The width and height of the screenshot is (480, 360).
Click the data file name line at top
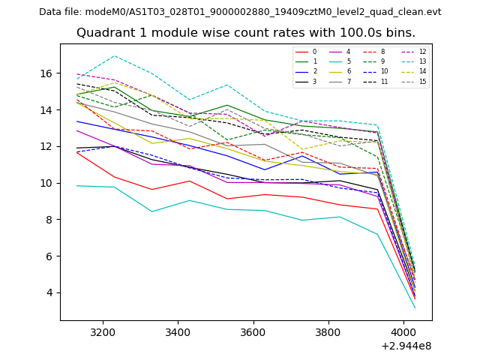(240, 12)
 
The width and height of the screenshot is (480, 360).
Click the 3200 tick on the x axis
(102, 331)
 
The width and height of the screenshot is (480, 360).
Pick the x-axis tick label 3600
(253, 331)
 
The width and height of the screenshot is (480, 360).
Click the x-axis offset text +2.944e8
(406, 346)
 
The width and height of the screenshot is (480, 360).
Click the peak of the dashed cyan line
(115, 56)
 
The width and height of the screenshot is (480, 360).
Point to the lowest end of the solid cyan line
(415, 307)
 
